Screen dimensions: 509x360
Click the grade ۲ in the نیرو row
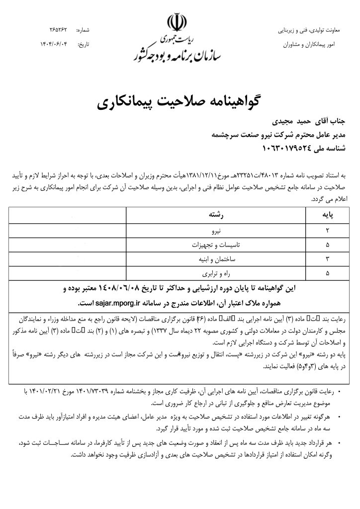click(327, 232)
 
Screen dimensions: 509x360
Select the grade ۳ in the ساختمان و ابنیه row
click(327, 259)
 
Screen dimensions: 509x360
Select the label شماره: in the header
click(83, 30)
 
